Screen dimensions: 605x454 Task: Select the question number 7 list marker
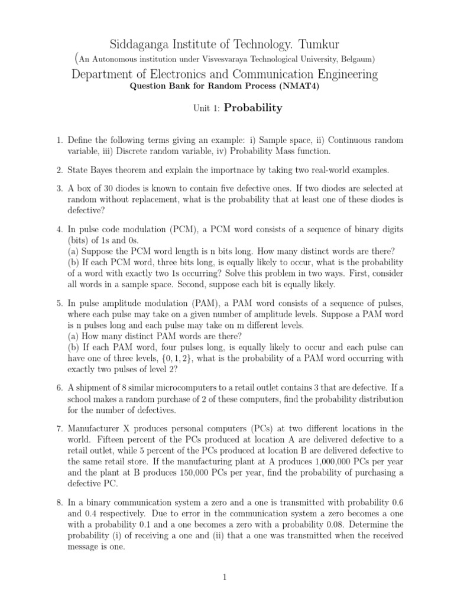click(59, 428)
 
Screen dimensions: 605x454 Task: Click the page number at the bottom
click(226, 577)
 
